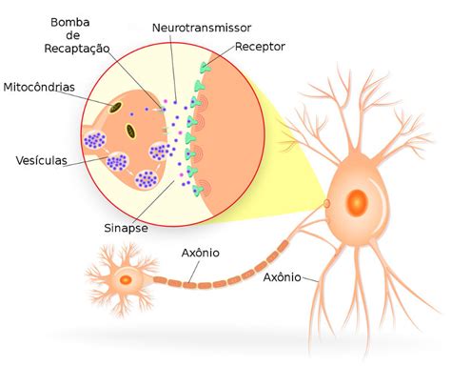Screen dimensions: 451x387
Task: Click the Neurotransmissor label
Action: (x=202, y=28)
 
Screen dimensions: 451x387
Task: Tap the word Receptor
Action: (x=260, y=47)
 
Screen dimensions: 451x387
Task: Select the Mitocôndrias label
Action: (x=39, y=87)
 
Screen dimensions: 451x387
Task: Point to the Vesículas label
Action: (x=42, y=160)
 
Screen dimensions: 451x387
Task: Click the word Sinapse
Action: (x=126, y=228)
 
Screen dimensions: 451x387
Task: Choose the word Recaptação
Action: (x=77, y=49)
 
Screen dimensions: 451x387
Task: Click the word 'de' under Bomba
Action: (x=72, y=35)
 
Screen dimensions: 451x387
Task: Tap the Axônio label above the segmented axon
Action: (x=201, y=253)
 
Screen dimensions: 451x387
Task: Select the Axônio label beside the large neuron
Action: (x=283, y=277)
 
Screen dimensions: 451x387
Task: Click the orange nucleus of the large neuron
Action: (x=357, y=203)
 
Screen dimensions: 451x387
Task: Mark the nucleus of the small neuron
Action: (x=126, y=280)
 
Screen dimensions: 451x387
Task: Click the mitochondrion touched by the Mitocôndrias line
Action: (x=115, y=108)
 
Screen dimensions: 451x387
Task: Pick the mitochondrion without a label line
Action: (x=130, y=132)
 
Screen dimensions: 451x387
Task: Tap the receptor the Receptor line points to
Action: (x=205, y=68)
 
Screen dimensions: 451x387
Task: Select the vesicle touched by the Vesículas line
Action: (x=117, y=162)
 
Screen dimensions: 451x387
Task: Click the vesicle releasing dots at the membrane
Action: (x=159, y=152)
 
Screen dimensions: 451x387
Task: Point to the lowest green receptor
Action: (x=197, y=191)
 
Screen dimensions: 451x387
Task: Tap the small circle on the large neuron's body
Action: (x=326, y=203)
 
